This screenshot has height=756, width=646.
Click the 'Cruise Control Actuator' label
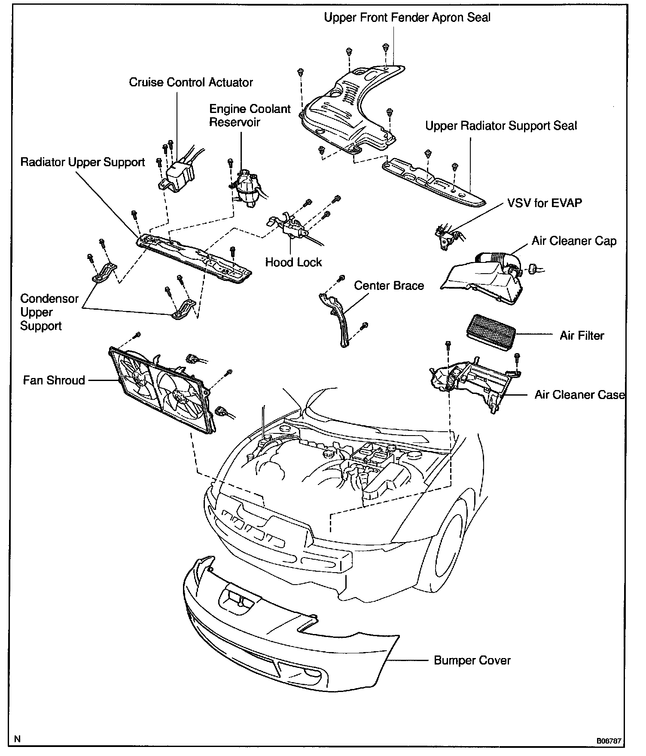(x=191, y=82)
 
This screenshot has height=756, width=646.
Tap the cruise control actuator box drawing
(x=177, y=177)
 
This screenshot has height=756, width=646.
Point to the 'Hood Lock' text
(x=293, y=262)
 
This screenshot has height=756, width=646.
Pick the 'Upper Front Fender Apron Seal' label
(x=407, y=18)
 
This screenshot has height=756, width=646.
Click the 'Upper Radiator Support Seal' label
(x=501, y=126)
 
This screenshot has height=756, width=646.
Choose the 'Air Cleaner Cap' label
(x=574, y=241)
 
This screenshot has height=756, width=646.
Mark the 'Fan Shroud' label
(x=54, y=380)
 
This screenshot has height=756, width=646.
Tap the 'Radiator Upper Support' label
(x=83, y=162)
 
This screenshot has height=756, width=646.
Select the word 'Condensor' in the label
(x=49, y=299)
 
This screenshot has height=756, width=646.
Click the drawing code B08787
(x=609, y=741)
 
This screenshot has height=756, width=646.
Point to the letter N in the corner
(x=17, y=739)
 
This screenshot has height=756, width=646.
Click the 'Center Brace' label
(x=389, y=286)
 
